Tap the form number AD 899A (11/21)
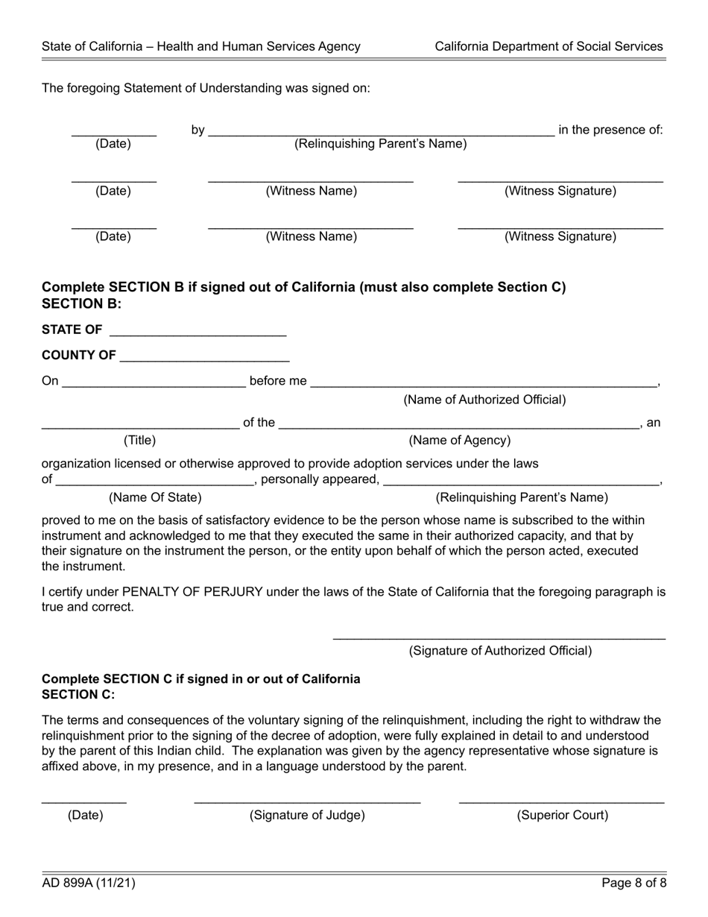pyautogui.click(x=89, y=883)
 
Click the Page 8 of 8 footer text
pyautogui.click(x=633, y=883)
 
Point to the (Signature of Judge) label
pyautogui.click(x=307, y=815)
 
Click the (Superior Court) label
pyautogui.click(x=562, y=815)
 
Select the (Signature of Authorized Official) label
pyautogui.click(x=500, y=651)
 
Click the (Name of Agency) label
pyautogui.click(x=460, y=440)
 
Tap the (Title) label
pyautogui.click(x=139, y=440)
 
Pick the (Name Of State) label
pyautogui.click(x=155, y=497)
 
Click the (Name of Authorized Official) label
pyautogui.click(x=484, y=400)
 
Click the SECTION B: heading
pyautogui.click(x=81, y=303)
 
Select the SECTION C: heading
pyautogui.click(x=78, y=694)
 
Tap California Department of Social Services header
pyautogui.click(x=549, y=46)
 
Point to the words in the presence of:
pyautogui.click(x=610, y=130)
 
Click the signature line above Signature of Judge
pyautogui.click(x=307, y=801)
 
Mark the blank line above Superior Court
pyautogui.click(x=561, y=801)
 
